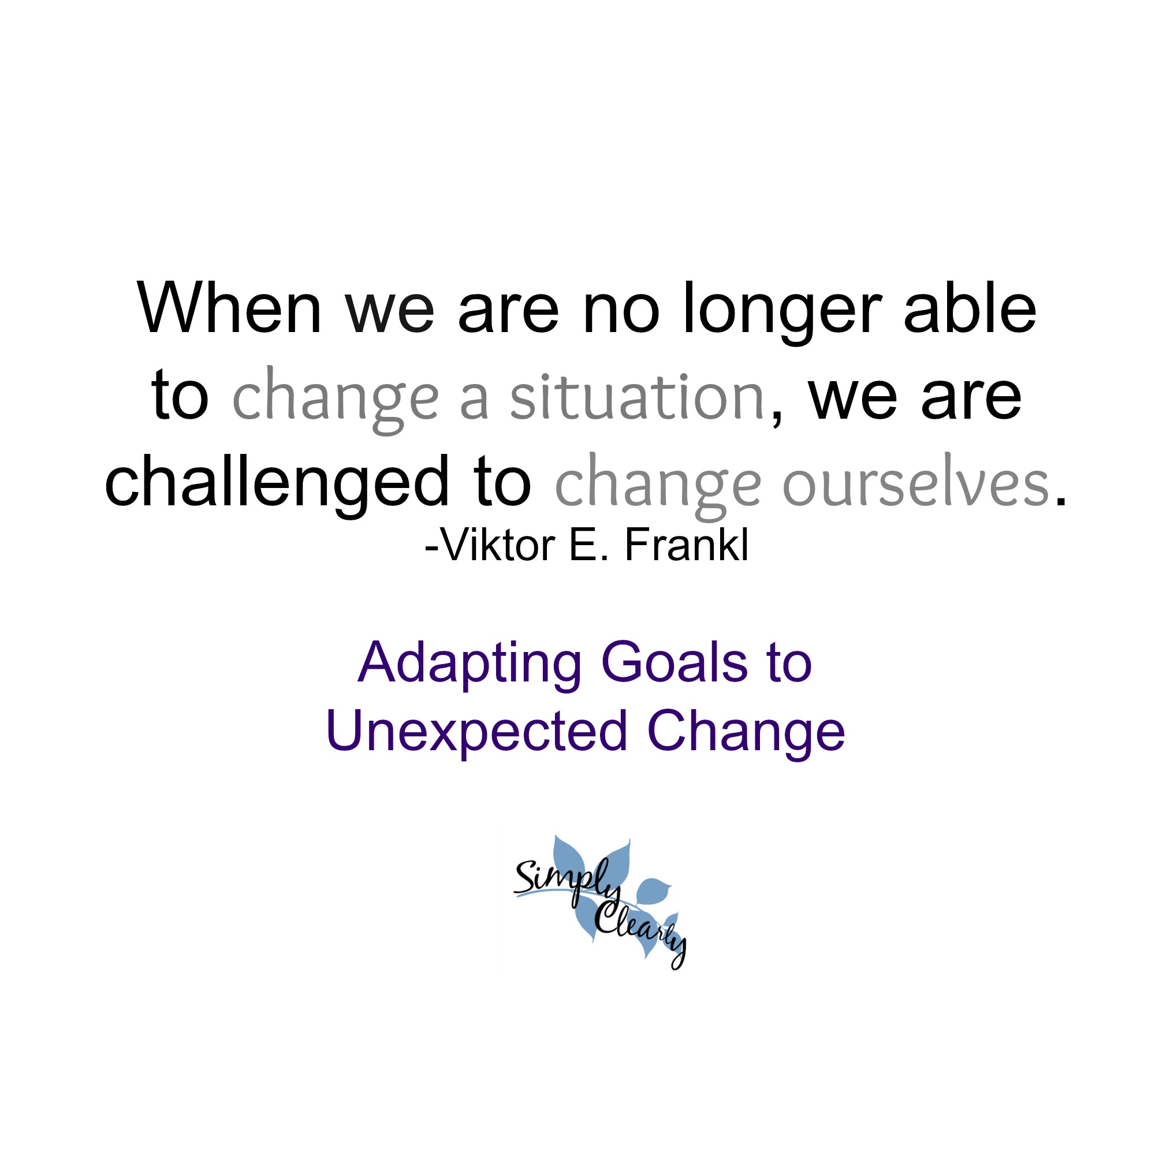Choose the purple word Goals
point(675,662)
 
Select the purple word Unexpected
point(476,732)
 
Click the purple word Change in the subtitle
point(746,733)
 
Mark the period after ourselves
point(1060,503)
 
